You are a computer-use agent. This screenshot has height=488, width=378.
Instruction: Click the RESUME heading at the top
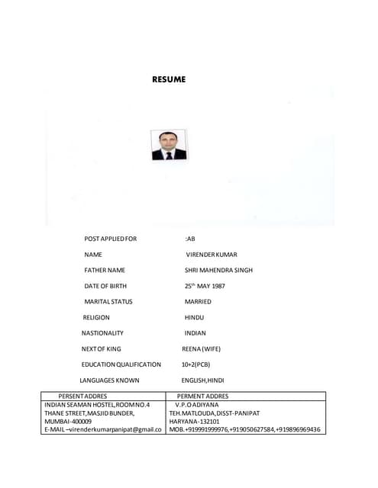169,79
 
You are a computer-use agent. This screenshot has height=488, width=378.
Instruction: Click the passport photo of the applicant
169,145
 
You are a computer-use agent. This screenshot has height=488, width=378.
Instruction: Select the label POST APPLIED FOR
111,239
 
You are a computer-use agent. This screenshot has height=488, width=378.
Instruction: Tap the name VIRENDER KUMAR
212,255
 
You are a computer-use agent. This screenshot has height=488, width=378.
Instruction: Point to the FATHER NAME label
105,270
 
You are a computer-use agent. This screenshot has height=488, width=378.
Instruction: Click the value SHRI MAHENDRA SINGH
218,270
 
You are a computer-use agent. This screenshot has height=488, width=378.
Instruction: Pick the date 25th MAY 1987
205,286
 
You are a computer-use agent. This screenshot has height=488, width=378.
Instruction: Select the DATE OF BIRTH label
105,286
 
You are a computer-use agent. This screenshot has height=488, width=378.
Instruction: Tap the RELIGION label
97,317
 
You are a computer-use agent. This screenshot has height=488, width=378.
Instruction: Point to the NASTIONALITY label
102,333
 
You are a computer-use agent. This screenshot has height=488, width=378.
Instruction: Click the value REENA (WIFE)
201,348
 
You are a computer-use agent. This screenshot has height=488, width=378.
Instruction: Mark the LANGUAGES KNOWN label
109,380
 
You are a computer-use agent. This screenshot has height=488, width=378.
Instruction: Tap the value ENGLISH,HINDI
202,380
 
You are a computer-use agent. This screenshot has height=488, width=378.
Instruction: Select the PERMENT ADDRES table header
202,396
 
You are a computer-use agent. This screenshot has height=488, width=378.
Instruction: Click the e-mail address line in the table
102,429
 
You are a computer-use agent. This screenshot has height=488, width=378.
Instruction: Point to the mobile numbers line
244,429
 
